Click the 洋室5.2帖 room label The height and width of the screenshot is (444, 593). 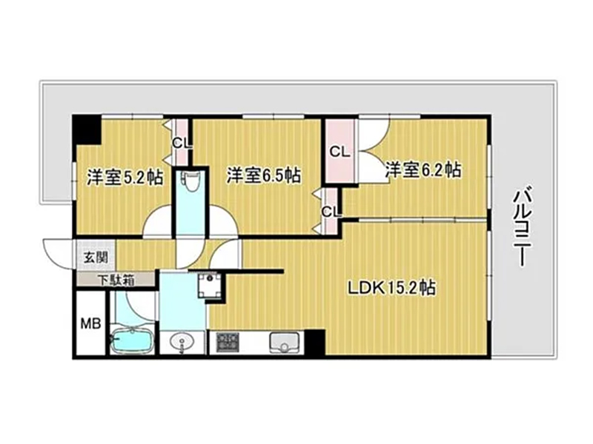[125, 177]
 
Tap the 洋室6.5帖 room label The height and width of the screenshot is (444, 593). [264, 175]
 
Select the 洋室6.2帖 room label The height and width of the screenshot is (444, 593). [423, 170]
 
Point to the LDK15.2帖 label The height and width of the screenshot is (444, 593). [391, 289]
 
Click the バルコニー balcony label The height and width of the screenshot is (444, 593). [523, 228]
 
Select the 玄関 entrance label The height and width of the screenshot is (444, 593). [96, 258]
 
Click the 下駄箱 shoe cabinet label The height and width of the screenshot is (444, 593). [116, 280]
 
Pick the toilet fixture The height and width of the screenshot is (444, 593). [188, 184]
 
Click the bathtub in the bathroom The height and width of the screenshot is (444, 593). [131, 340]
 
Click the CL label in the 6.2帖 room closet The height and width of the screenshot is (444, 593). [339, 152]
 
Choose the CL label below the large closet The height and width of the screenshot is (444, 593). [331, 212]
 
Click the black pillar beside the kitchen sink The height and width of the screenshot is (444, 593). [315, 342]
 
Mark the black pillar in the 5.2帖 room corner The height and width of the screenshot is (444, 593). [87, 130]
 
